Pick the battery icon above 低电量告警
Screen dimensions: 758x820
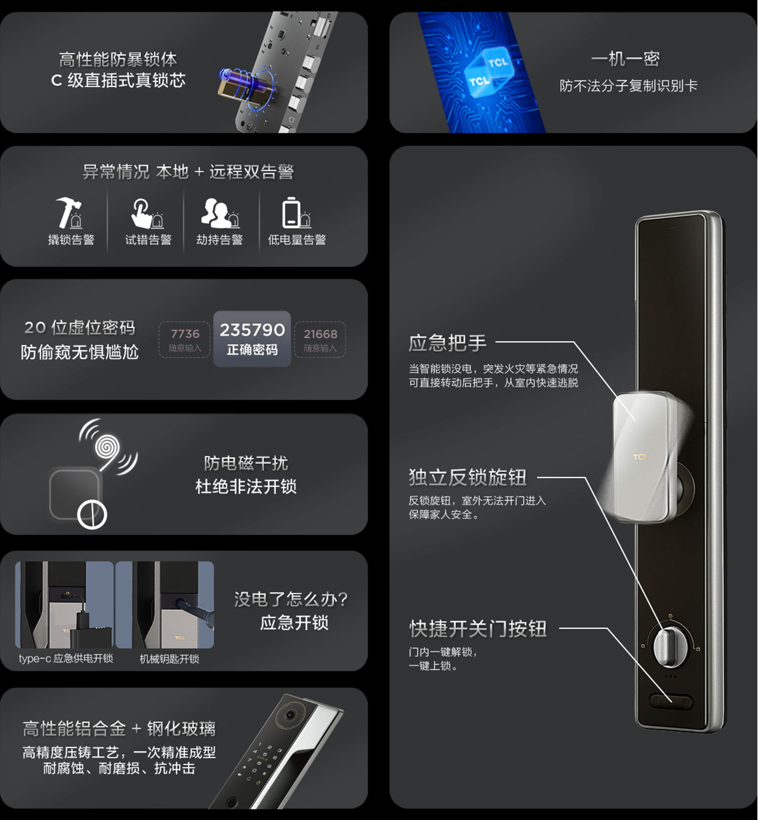pos(291,212)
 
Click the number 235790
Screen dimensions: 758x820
pos(252,330)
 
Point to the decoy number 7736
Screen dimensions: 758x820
pos(185,334)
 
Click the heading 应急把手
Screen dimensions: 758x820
pos(447,343)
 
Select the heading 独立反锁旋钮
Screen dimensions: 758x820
pos(468,477)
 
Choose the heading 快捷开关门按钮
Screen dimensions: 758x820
pos(478,629)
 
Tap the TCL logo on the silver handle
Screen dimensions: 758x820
pos(640,457)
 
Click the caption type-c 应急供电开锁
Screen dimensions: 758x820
pos(66,659)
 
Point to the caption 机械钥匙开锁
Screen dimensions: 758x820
pos(169,659)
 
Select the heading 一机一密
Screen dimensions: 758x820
pos(625,59)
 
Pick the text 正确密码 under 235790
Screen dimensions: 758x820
pos(252,350)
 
